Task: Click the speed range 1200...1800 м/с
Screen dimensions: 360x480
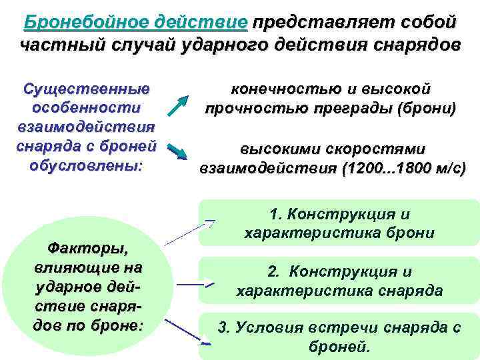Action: point(403,168)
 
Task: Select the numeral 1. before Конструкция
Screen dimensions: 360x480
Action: point(275,215)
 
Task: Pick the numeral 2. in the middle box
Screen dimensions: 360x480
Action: point(273,272)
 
